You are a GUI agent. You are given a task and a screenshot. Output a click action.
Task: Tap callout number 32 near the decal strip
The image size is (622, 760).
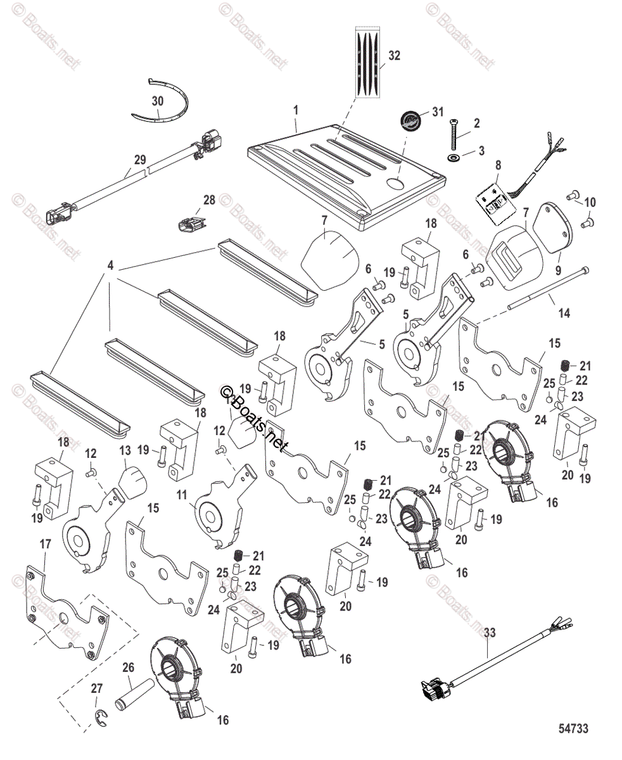coord(395,56)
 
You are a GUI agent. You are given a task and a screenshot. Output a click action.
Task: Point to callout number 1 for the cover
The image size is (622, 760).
coord(295,110)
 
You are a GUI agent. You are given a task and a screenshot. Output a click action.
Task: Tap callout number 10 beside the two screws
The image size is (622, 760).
coord(590,202)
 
